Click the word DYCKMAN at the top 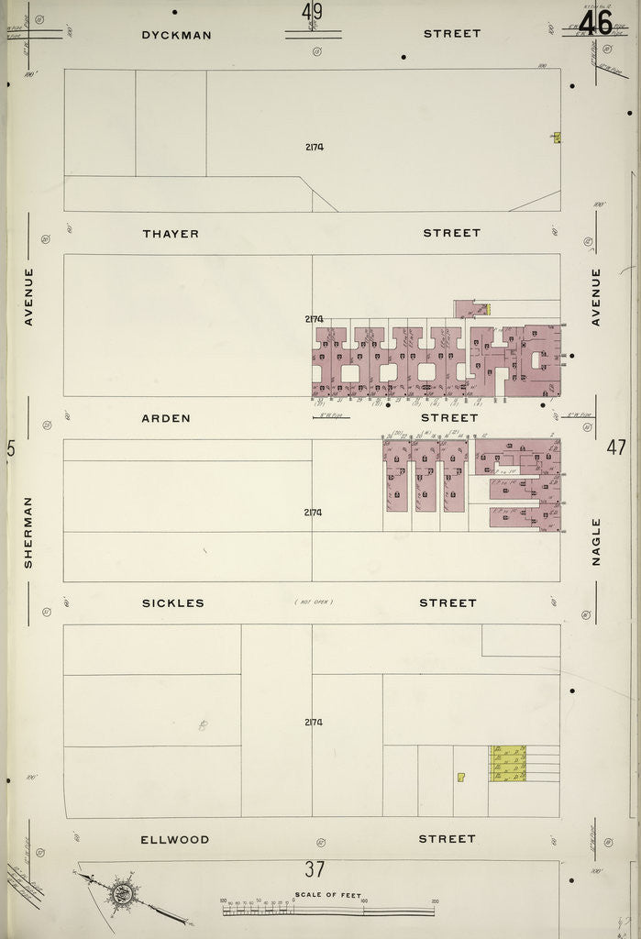176,35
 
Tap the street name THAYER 171,234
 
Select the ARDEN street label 166,418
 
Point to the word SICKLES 173,603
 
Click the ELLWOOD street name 174,839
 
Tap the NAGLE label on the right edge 596,541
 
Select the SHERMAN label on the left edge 28,532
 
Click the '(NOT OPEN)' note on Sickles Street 314,602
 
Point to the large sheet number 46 595,22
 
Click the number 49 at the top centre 312,15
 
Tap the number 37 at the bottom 315,869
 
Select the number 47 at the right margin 615,448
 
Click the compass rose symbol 119,891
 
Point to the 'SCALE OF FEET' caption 327,895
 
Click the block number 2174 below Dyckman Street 314,147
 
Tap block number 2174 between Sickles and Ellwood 314,723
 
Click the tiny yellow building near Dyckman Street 557,138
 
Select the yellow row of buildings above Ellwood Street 508,763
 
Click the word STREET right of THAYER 451,233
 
